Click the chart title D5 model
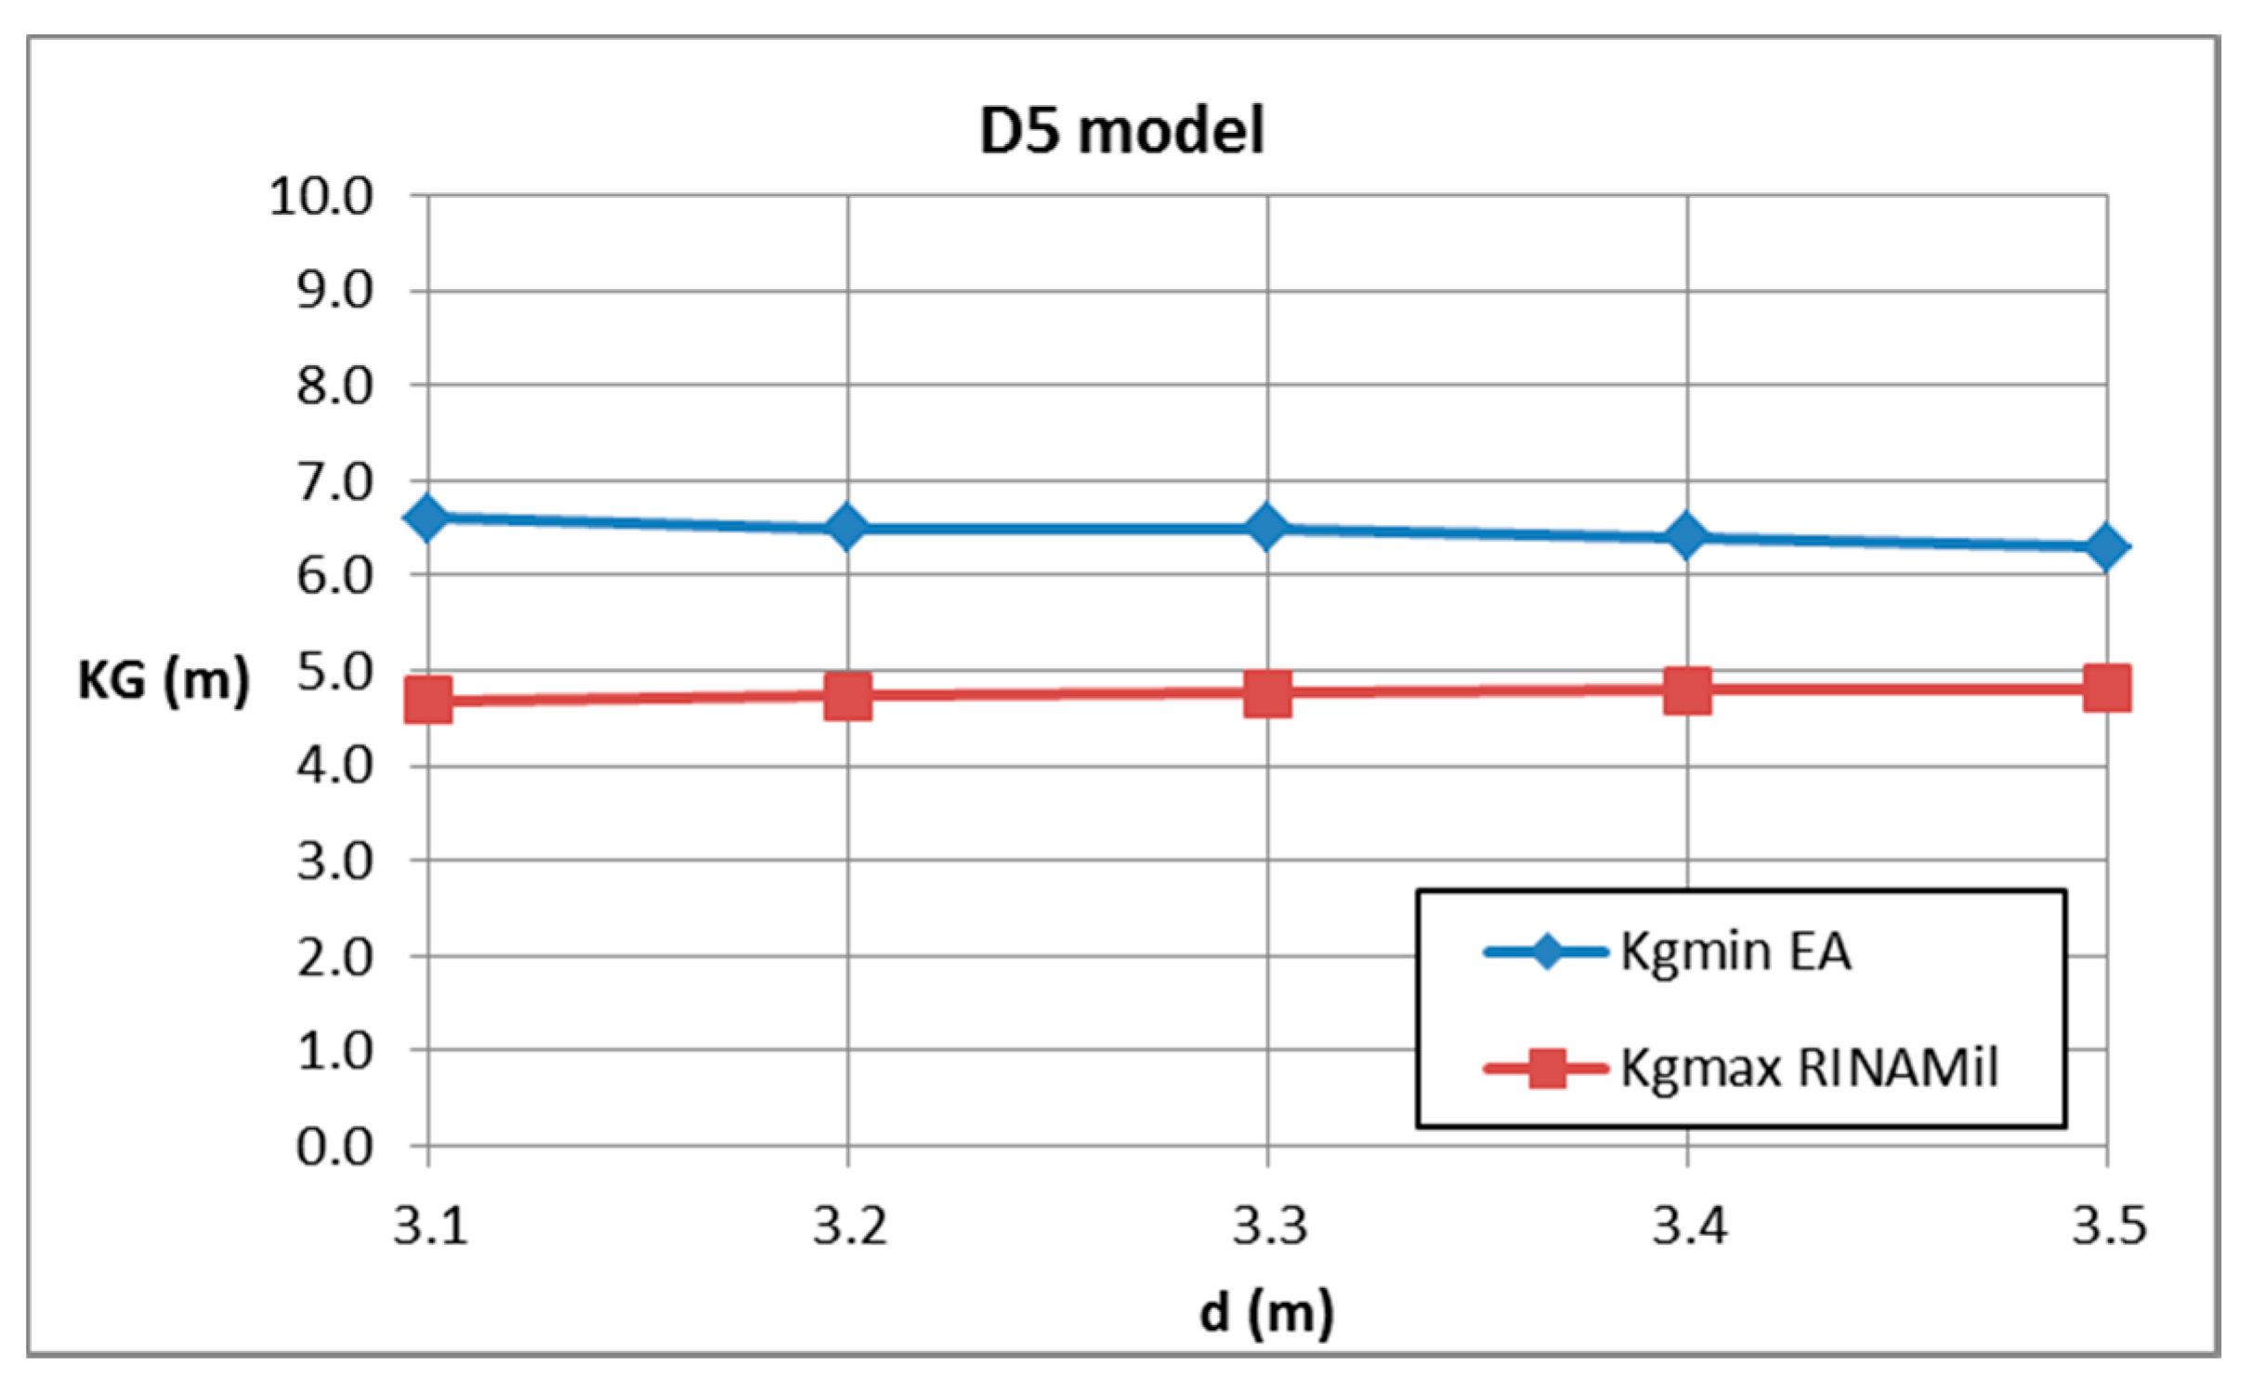click(1121, 130)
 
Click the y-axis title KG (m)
click(164, 680)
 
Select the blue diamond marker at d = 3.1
click(427, 518)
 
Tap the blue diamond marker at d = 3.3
click(1267, 528)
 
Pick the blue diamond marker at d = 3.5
click(2106, 546)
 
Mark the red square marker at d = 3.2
click(847, 695)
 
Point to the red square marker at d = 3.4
click(1687, 689)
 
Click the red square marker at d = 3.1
click(428, 700)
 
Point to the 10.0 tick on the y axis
click(321, 197)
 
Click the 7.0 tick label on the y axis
click(334, 483)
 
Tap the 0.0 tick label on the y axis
click(334, 1148)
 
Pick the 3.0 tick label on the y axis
click(334, 862)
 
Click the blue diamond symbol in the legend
click(1547, 951)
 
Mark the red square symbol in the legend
click(1547, 1069)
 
